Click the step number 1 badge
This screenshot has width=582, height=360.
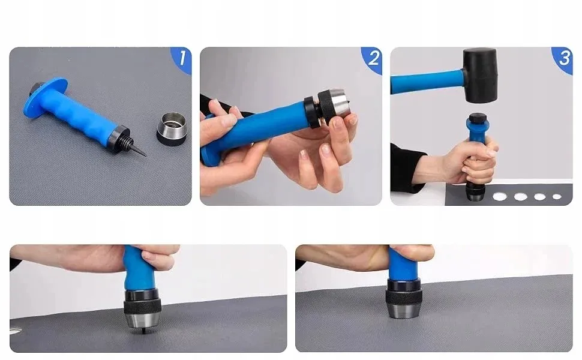point(182,59)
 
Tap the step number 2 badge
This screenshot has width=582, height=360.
point(373,59)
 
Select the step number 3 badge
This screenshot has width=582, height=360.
point(563,59)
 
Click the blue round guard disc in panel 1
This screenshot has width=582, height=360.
point(43,98)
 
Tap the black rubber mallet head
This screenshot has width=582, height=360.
point(479,76)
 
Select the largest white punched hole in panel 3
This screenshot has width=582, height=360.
point(500,196)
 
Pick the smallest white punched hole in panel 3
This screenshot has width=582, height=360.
point(557,197)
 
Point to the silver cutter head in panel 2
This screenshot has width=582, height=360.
point(342,101)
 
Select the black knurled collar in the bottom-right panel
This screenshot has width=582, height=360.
point(404,296)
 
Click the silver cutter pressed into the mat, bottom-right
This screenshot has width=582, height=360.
point(404,311)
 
